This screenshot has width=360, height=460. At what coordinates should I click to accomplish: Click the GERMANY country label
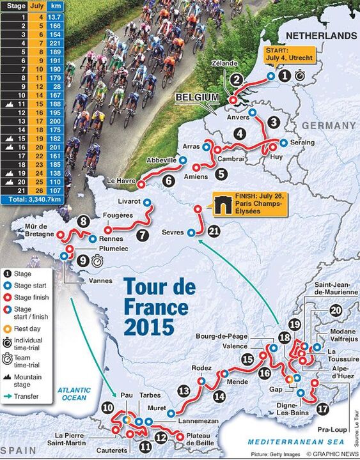pos(324,125)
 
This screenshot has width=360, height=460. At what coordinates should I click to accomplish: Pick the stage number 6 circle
pos(169,181)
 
